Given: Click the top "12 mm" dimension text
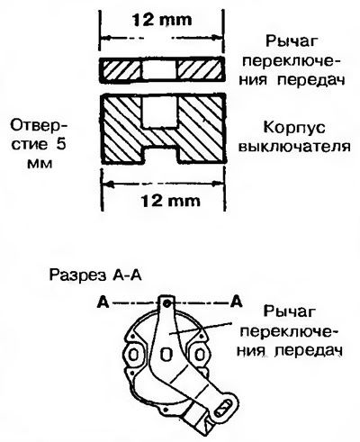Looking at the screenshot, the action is click(x=161, y=20).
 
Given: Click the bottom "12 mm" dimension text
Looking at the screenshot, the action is click(x=170, y=201).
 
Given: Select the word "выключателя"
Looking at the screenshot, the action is click(x=296, y=148).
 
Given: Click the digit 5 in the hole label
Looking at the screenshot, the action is click(x=61, y=144).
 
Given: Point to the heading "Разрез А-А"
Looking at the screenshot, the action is click(x=95, y=275).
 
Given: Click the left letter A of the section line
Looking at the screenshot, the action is click(x=103, y=302).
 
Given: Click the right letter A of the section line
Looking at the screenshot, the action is click(x=236, y=302).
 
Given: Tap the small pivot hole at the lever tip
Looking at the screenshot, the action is click(x=166, y=304).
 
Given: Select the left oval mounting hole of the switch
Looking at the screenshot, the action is click(x=133, y=356).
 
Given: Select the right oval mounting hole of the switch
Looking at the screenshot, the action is click(x=200, y=356).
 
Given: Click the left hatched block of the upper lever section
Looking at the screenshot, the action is click(x=121, y=70).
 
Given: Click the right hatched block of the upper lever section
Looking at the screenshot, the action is click(x=200, y=70).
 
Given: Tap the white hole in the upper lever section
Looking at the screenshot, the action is click(x=159, y=70).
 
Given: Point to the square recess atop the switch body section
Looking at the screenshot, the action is click(x=159, y=111).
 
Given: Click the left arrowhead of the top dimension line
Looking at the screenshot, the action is click(x=106, y=38).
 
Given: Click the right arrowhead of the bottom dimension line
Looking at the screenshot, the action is click(x=219, y=183).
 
